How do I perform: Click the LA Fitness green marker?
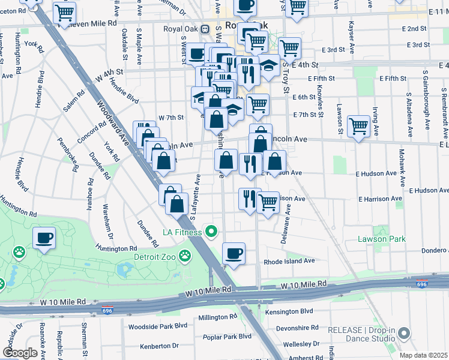pyautogui.click(x=211, y=231)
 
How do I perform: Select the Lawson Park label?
pyautogui.click(x=382, y=239)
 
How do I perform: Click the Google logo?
pyautogui.click(x=20, y=352)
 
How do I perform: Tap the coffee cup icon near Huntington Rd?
pyautogui.click(x=44, y=238)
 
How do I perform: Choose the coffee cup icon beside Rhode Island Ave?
pyautogui.click(x=234, y=253)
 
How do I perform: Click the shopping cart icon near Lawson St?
pyautogui.click(x=358, y=126)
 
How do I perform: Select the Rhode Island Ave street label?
pyautogui.click(x=289, y=262)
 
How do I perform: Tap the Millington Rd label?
pyautogui.click(x=218, y=317)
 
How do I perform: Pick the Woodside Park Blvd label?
pyautogui.click(x=158, y=327)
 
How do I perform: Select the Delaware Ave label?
pyautogui.click(x=284, y=224)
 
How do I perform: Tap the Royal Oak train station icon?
pyautogui.click(x=205, y=28)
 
